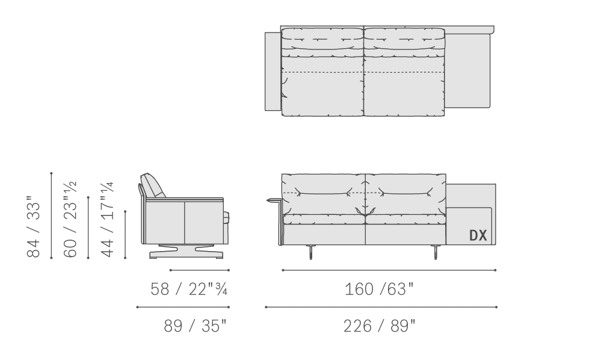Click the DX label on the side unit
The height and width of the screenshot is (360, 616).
[x=478, y=235]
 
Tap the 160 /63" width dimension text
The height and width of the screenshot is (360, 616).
[x=379, y=289]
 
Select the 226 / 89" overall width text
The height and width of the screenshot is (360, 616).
[x=379, y=326]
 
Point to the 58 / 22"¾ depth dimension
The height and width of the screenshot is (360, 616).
[x=189, y=289]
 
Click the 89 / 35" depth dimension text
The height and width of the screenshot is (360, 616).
[x=196, y=326]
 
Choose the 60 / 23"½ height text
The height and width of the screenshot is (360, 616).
[x=70, y=219]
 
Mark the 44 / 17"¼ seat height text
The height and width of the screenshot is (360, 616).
[x=107, y=219]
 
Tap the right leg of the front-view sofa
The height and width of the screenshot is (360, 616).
[x=436, y=252]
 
